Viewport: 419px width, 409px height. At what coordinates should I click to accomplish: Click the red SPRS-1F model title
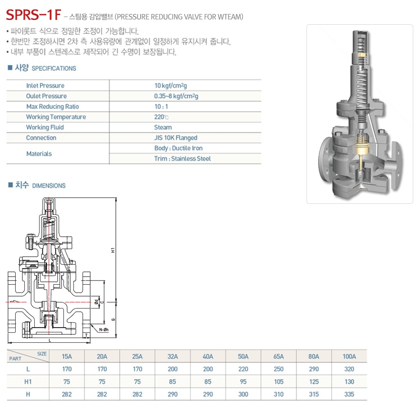click(x=34, y=15)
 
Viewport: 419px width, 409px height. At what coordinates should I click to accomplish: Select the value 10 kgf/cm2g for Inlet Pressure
click(x=171, y=85)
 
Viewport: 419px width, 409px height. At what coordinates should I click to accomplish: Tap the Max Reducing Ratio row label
click(x=52, y=107)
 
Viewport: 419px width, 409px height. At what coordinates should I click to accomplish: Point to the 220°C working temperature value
click(x=162, y=117)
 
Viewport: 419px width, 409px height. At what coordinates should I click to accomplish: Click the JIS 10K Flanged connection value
click(x=175, y=138)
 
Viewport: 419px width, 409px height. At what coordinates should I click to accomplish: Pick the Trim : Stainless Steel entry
click(x=182, y=159)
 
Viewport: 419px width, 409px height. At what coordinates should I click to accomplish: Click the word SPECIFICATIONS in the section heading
click(x=54, y=69)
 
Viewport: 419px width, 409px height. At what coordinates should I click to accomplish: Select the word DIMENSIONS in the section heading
click(x=49, y=186)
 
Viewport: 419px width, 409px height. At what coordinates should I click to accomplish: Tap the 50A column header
click(x=243, y=357)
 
